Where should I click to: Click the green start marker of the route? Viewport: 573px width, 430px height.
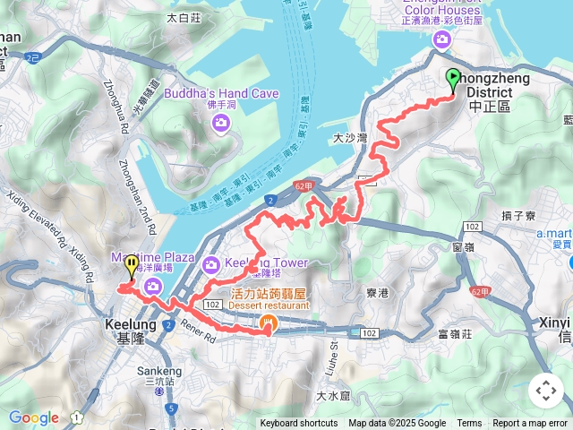[x=452, y=79]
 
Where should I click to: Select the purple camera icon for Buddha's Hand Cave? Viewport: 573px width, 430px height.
[x=221, y=122]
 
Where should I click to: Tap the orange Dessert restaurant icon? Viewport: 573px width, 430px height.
[x=268, y=323]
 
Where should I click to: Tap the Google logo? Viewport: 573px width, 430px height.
[x=34, y=417]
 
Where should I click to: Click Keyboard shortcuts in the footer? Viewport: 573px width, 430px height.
[x=299, y=424]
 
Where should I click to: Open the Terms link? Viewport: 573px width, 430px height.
[x=469, y=424]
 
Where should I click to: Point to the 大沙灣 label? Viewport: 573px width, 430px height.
[x=350, y=139]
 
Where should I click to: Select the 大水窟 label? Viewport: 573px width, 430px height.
[x=333, y=395]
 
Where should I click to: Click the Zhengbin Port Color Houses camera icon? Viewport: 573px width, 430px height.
[x=441, y=39]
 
